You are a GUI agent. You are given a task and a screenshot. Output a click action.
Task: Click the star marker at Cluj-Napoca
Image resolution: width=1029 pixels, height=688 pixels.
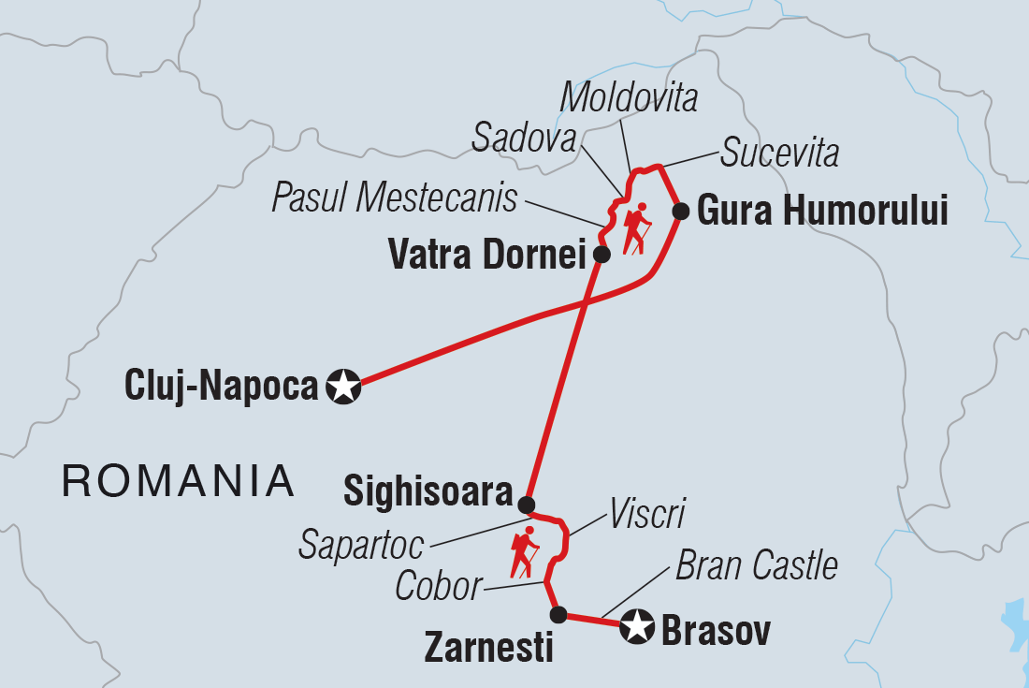point(344,386)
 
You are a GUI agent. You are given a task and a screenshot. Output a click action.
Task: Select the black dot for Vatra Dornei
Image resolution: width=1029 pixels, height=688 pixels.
point(602,254)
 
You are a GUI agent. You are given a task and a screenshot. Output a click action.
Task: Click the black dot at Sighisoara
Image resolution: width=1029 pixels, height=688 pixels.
point(527,505)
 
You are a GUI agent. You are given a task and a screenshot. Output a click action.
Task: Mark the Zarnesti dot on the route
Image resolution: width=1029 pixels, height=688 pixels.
point(558,615)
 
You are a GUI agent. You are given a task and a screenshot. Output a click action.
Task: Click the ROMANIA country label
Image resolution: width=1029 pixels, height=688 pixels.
point(178,481)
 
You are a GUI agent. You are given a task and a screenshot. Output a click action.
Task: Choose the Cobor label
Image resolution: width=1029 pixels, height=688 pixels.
point(438,587)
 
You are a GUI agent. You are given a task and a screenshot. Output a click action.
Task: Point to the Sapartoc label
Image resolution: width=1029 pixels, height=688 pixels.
point(362,544)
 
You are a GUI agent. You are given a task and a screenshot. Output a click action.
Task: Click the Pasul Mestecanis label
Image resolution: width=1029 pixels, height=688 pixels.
point(395,198)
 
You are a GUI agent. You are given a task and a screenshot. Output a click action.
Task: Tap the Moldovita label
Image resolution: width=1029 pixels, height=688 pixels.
point(628,96)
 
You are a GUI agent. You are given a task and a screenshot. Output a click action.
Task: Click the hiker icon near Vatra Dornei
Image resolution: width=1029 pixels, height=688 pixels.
point(637,227)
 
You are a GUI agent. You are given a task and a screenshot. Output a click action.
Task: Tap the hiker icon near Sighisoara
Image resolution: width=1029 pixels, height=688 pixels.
point(524,552)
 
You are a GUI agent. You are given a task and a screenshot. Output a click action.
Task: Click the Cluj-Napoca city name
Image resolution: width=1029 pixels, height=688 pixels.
point(221,386)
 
